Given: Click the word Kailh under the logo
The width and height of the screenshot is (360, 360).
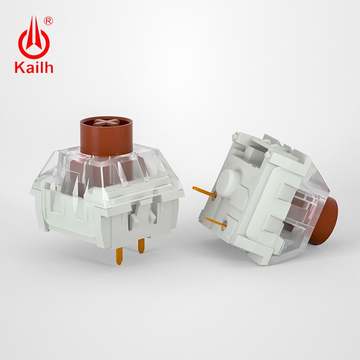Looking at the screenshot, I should click(x=34, y=67).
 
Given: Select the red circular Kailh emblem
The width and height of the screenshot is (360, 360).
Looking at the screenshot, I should click(x=33, y=40).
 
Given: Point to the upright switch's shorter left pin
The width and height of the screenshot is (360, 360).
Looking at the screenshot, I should click(x=119, y=255).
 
